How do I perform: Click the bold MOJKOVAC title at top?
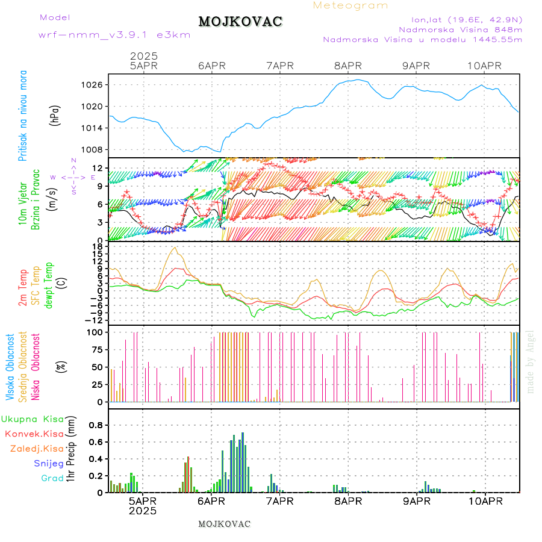pos(240,22)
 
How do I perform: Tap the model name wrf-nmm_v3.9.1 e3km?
pos(114,35)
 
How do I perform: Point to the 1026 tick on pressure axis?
pos(93,85)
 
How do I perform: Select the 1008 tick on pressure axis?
pos(93,150)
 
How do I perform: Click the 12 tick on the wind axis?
pos(97,167)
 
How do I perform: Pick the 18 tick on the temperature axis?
pos(97,246)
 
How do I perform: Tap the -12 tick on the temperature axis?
pos(95,320)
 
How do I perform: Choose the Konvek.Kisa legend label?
pos(34,434)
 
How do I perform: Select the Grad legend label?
pos(52,479)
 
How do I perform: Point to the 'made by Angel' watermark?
pos(531,361)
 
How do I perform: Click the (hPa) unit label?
pos(55,114)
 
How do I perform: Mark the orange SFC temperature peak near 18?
pos(175,248)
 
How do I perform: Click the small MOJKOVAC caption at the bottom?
pos(224,524)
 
